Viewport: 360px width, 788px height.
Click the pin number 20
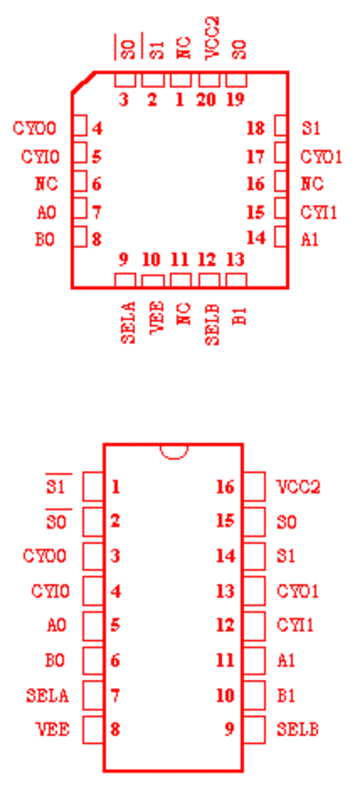coord(206,100)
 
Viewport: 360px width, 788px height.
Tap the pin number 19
coord(235,100)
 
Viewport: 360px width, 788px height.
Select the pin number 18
coord(256,129)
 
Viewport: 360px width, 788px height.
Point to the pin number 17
coord(256,158)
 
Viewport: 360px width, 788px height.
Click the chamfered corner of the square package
coord(84,83)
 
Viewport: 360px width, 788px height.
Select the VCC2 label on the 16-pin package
coord(298,487)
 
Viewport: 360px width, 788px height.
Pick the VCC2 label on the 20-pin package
coord(213,38)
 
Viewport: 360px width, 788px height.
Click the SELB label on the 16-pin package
coord(297,729)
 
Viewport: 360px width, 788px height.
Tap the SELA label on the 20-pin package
coord(129,322)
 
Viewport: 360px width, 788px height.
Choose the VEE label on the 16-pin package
coord(53,729)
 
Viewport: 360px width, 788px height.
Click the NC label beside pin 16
coord(311,185)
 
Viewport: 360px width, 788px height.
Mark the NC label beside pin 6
coord(46,185)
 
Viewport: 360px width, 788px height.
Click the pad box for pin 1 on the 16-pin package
coord(94,486)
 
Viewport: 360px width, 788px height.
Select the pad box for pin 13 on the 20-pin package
coord(236,280)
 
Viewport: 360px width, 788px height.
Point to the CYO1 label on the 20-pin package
coord(321,158)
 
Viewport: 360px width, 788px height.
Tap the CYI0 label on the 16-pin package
coord(50,592)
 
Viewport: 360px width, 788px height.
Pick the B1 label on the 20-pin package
coord(241,314)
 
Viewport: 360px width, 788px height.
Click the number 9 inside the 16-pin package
coord(229,729)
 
